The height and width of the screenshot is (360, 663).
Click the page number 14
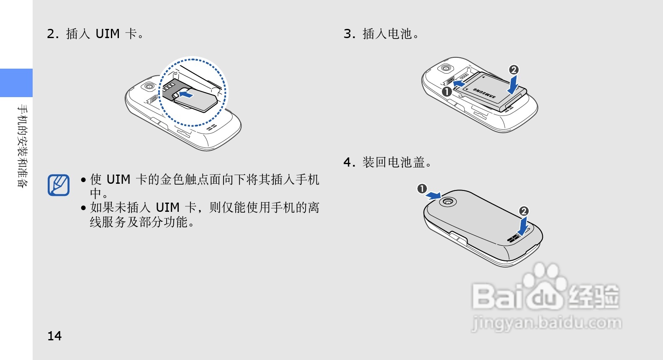pos(54,336)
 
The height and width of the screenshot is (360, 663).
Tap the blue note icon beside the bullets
pos(59,185)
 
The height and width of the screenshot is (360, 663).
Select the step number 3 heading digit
pos(348,34)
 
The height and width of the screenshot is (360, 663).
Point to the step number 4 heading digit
pos(348,162)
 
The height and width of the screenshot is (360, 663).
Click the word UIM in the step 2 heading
pos(108,34)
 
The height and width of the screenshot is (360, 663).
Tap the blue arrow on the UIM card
pos(186,95)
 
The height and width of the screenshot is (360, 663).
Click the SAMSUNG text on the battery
pos(484,93)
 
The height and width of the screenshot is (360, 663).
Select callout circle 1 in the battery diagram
pos(447,91)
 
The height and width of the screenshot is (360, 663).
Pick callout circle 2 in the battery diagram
pos(514,69)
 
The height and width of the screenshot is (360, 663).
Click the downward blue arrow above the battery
pos(513,85)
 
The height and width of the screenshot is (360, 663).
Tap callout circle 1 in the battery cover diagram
pos(421,189)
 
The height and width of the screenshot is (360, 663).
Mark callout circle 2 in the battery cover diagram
pos(524,211)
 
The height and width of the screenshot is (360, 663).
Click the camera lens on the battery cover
pos(448,202)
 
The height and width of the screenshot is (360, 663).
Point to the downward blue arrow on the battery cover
pos(522,227)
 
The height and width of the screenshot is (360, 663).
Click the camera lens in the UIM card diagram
pos(149,86)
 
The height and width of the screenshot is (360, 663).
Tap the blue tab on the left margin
pos(16,83)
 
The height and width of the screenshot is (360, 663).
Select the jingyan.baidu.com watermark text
pos(546,323)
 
